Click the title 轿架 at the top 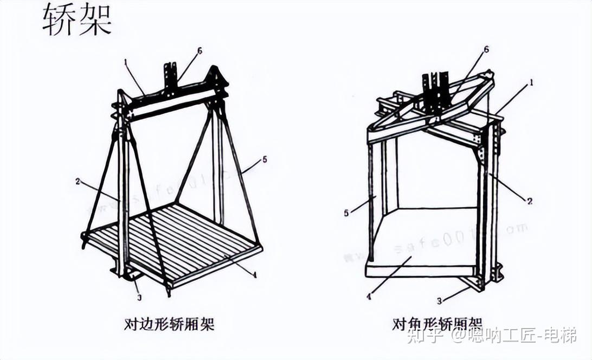[77, 21]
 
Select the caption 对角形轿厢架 [437, 324]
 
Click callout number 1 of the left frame [126, 62]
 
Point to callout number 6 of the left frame [200, 51]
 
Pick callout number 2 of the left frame [78, 181]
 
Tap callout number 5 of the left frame [265, 159]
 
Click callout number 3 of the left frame [139, 297]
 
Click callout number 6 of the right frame [486, 49]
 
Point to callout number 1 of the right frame [532, 83]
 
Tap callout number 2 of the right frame [530, 201]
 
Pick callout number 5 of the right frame [346, 213]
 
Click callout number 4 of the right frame [369, 297]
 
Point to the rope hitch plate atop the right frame [437, 92]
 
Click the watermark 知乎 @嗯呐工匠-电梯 [491, 336]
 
